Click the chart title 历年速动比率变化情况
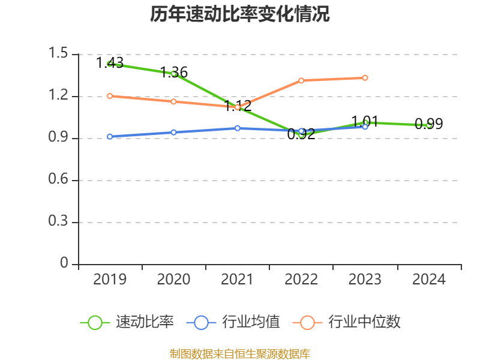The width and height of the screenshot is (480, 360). [240, 14]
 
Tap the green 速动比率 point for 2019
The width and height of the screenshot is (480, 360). [110, 63]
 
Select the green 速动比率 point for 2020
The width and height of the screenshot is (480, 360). [174, 73]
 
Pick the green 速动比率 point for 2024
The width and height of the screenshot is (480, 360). [429, 125]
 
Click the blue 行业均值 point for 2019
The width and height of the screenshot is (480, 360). [110, 137]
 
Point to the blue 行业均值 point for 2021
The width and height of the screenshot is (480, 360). [238, 128]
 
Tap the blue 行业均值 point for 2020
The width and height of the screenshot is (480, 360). [174, 133]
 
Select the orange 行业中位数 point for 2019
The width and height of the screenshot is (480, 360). [110, 96]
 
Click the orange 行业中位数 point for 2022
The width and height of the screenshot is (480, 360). [301, 80]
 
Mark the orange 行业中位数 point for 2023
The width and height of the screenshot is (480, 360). [365, 78]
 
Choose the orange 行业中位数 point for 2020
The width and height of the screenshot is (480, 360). [174, 101]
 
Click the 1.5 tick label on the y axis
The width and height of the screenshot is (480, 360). [58, 55]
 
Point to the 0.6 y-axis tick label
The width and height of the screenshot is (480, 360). [58, 181]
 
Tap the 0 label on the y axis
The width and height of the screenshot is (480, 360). [65, 265]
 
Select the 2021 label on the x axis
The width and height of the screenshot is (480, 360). [238, 280]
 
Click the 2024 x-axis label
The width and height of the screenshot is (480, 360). [429, 280]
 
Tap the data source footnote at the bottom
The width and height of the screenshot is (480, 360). [240, 353]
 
